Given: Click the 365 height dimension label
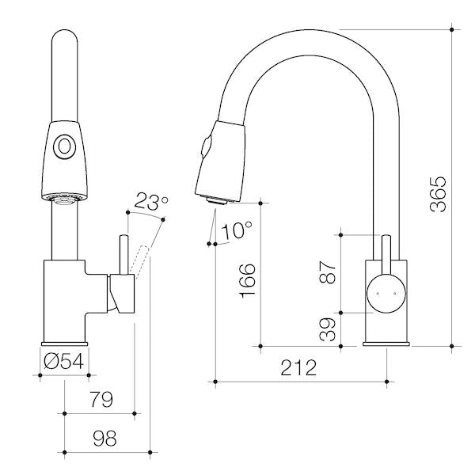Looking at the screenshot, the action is click(x=439, y=195).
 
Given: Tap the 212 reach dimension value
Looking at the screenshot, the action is click(x=298, y=368).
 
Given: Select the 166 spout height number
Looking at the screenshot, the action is click(x=248, y=280).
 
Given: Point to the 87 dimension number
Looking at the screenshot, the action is click(x=328, y=272).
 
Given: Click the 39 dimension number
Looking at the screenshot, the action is click(x=328, y=329).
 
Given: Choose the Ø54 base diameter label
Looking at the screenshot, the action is click(x=63, y=362).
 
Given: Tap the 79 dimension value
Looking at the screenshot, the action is click(x=101, y=399).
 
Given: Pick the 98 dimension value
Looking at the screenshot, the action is click(x=104, y=438).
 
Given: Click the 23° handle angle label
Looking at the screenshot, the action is click(x=150, y=201).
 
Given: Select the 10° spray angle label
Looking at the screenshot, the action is click(x=237, y=230).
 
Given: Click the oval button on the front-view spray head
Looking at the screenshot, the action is click(x=64, y=147).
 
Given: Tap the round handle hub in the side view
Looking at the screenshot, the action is click(x=386, y=293).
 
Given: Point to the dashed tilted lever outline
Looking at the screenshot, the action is click(x=139, y=262).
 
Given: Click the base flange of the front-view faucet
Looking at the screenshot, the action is click(x=65, y=344).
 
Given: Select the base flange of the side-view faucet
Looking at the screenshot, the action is click(x=386, y=344).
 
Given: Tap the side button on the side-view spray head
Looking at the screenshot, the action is click(x=204, y=147).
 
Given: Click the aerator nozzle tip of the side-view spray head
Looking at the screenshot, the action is click(x=215, y=201).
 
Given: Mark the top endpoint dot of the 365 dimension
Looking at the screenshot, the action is click(x=452, y=30).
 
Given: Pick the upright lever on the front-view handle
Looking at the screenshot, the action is click(x=124, y=255).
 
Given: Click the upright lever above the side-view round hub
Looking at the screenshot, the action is click(x=386, y=255).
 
